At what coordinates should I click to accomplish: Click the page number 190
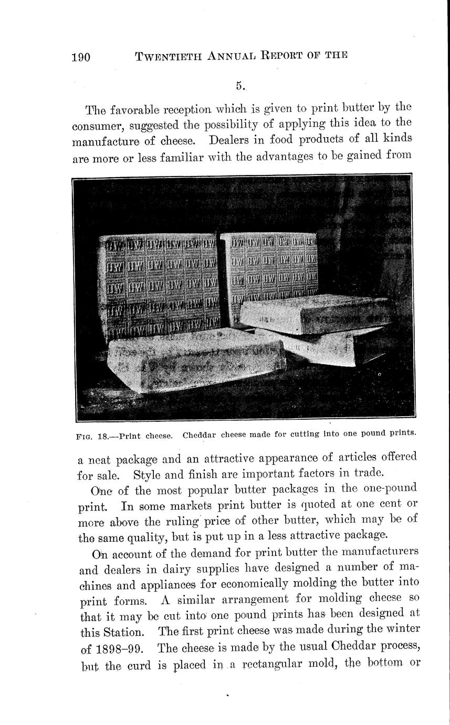pyautogui.click(x=81, y=57)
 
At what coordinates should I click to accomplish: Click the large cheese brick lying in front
pyautogui.click(x=194, y=357)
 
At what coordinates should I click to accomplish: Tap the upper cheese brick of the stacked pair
pyautogui.click(x=315, y=314)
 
